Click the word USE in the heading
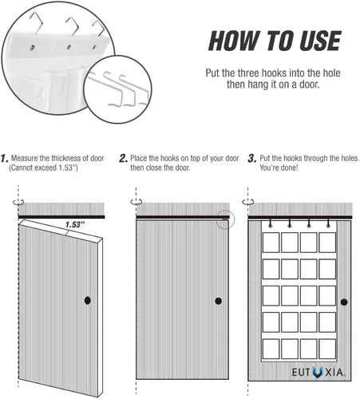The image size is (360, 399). point(320,41)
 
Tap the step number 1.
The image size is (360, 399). point(5,159)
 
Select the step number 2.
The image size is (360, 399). point(123,159)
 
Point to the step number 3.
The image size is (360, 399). point(252,159)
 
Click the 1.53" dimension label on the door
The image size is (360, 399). point(74,225)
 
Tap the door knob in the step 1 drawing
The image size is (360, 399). point(88,300)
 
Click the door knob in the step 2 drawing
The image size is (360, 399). point(219,301)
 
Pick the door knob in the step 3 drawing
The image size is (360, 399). point(344,302)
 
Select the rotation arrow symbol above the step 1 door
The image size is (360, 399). point(18,203)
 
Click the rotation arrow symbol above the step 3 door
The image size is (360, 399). point(248,203)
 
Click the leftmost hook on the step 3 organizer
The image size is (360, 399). point(271,223)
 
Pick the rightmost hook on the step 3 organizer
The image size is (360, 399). point(328,223)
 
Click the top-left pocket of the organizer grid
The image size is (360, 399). point(271,243)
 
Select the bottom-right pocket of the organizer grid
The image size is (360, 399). point(327,349)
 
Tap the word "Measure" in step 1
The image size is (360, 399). point(25,158)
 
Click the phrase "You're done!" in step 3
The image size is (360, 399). point(279,168)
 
